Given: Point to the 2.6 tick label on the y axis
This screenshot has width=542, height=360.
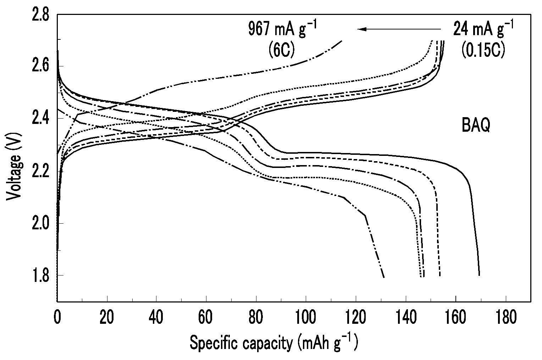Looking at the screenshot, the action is pyautogui.click(x=40, y=66).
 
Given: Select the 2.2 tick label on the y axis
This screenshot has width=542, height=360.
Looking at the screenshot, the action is pyautogui.click(x=40, y=171).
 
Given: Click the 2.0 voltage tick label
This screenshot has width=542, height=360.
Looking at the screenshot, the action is pyautogui.click(x=40, y=223).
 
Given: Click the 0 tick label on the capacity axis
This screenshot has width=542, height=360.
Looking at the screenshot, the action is pyautogui.click(x=57, y=317).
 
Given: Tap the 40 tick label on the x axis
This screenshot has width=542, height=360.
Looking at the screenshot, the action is pyautogui.click(x=156, y=317).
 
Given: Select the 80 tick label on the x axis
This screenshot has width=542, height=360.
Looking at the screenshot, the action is pyautogui.click(x=256, y=317).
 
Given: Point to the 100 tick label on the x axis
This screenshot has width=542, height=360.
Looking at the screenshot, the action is pyautogui.click(x=306, y=317).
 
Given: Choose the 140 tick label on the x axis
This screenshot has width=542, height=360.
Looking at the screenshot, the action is pyautogui.click(x=406, y=317).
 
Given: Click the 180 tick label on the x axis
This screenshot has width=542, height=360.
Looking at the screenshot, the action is pyautogui.click(x=506, y=317).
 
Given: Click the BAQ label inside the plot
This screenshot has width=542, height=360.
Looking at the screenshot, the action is pyautogui.click(x=476, y=125).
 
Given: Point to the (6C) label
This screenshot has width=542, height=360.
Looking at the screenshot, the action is pyautogui.click(x=282, y=50).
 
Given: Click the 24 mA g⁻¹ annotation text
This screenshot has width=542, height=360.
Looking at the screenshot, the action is pyautogui.click(x=483, y=29).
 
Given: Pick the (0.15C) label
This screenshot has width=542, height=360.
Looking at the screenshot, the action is pyautogui.click(x=483, y=50).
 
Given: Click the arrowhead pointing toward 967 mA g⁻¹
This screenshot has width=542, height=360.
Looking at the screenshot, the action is pyautogui.click(x=362, y=29).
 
